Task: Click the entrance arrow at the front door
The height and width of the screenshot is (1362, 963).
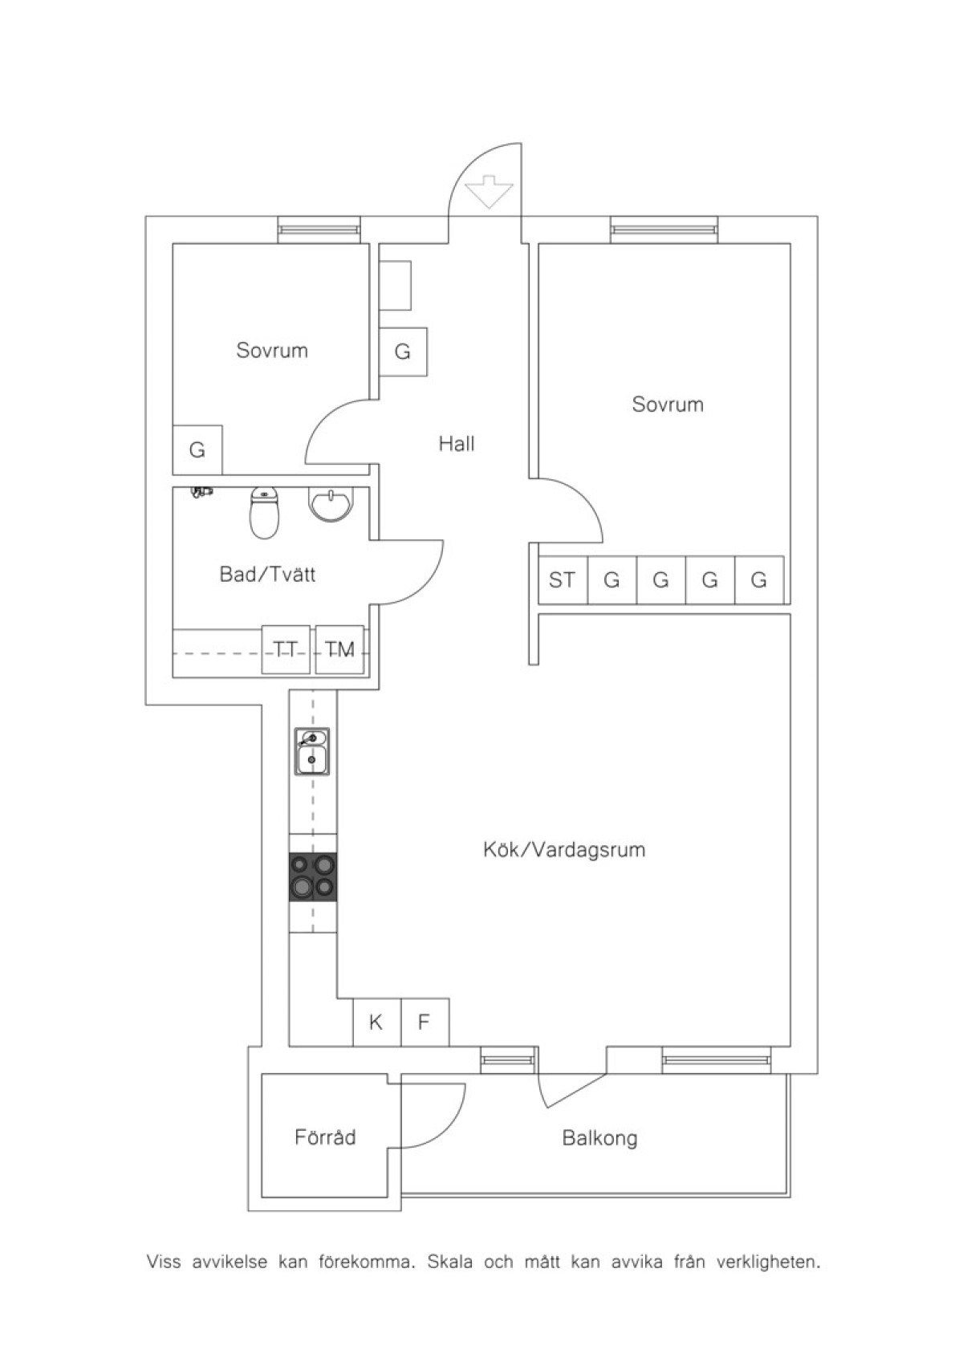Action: tap(489, 192)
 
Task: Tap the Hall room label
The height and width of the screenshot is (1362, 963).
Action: tap(456, 444)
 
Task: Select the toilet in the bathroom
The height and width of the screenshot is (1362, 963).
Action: tap(264, 513)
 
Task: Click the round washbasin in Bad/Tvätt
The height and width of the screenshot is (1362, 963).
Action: tap(330, 505)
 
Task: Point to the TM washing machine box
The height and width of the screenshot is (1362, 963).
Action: tap(339, 650)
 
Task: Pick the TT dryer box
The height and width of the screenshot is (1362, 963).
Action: tap(286, 650)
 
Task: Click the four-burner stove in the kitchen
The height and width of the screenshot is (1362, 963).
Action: tap(312, 876)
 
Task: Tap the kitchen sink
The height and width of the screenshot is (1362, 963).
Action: tap(312, 751)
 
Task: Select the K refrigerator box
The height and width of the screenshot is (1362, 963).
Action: tap(377, 1023)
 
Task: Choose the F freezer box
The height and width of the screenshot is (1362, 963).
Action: tap(425, 1023)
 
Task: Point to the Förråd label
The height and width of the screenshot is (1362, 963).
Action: tap(325, 1137)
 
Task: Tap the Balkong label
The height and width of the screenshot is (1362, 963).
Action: tap(599, 1138)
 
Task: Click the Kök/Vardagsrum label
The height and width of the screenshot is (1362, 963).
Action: tap(564, 849)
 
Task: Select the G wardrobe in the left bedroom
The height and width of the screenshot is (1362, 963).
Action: tap(197, 450)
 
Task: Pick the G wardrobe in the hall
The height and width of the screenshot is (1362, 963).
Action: tap(403, 352)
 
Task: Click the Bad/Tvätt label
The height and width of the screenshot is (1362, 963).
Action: tap(267, 575)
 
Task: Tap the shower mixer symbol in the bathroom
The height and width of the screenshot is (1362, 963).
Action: tap(201, 492)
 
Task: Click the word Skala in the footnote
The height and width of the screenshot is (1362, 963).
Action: tap(450, 1262)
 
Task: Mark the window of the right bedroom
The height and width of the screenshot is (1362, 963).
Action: tap(664, 230)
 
